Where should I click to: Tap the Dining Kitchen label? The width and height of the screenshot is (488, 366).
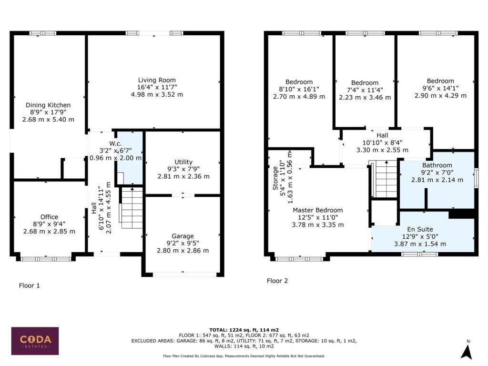48,105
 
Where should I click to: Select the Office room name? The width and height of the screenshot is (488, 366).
49,217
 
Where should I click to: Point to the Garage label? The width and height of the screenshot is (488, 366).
183,236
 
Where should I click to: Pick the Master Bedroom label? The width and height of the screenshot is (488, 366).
317,210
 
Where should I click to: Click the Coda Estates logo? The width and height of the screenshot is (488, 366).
35,341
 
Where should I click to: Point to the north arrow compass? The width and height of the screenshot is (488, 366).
467,351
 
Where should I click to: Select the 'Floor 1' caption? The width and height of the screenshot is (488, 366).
29,285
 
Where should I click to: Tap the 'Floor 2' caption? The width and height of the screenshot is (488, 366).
277,281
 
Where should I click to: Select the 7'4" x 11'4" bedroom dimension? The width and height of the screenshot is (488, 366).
365,90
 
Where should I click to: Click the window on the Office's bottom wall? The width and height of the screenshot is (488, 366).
47,259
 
